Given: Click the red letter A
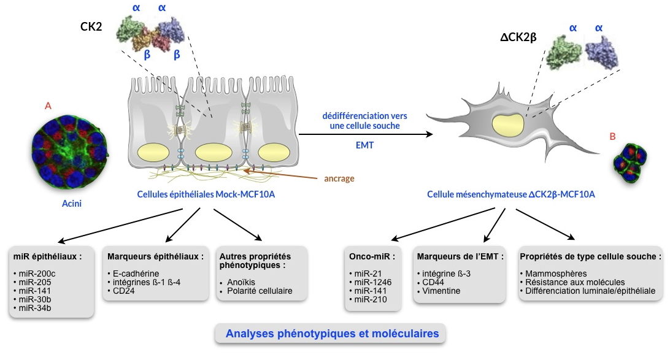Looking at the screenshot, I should pos(48,106).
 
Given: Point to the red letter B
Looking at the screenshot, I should pos(612,136).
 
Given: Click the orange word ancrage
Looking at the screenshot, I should pos(339,179).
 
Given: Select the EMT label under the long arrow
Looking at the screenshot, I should pos(364,146).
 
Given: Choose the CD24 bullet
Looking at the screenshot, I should pos(124,291).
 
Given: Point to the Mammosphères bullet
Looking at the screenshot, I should pos(547,273).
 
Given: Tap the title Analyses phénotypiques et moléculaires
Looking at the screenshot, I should pos(332,334).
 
